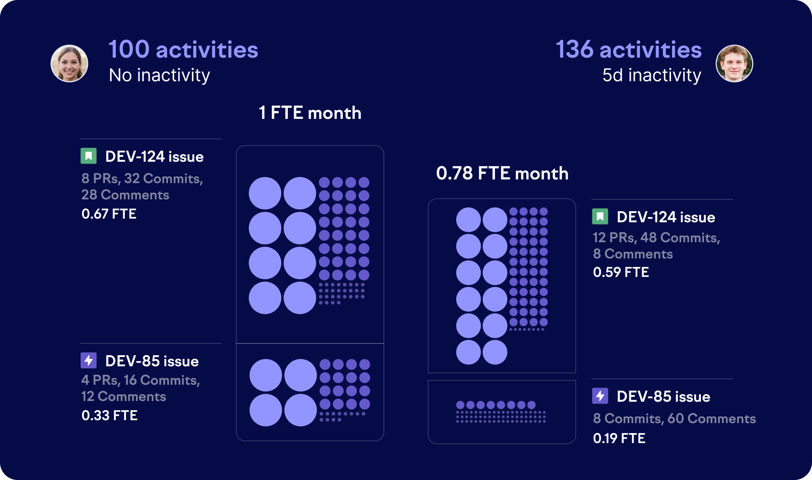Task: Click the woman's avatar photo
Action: click(69, 64)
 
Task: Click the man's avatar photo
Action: click(734, 64)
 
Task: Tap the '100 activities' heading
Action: click(183, 49)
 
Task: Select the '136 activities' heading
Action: click(628, 49)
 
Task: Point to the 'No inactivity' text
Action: click(159, 75)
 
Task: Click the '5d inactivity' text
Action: click(651, 75)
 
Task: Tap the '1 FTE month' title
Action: click(310, 113)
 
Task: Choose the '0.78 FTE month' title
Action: click(502, 173)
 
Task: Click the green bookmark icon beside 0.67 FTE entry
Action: click(89, 156)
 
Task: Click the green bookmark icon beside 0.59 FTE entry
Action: click(600, 216)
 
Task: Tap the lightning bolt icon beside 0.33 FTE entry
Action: click(89, 360)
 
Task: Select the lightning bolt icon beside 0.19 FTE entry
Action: click(600, 396)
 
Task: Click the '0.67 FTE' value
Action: click(109, 214)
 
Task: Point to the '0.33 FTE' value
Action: click(109, 415)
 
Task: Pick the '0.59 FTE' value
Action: click(621, 272)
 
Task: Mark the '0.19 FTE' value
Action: click(619, 438)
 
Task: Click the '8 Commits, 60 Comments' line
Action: click(674, 418)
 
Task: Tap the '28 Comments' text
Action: click(125, 195)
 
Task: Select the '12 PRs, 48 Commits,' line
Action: click(656, 237)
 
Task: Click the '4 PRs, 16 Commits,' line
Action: click(141, 380)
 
